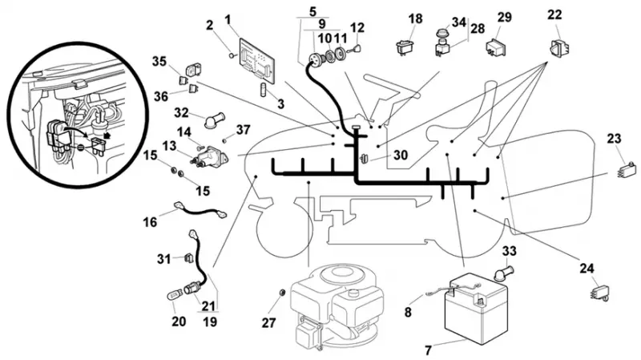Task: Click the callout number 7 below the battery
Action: tap(428, 350)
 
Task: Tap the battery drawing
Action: tap(476, 309)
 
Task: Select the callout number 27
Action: tap(268, 323)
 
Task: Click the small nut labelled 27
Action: tap(281, 292)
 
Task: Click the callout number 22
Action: tap(554, 14)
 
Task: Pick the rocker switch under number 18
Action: tap(405, 47)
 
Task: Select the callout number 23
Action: tap(614, 138)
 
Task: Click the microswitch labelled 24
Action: tap(599, 293)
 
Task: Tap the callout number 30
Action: tap(401, 155)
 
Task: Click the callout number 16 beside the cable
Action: tap(150, 222)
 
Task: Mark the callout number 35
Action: tap(159, 62)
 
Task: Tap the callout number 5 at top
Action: tap(312, 11)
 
